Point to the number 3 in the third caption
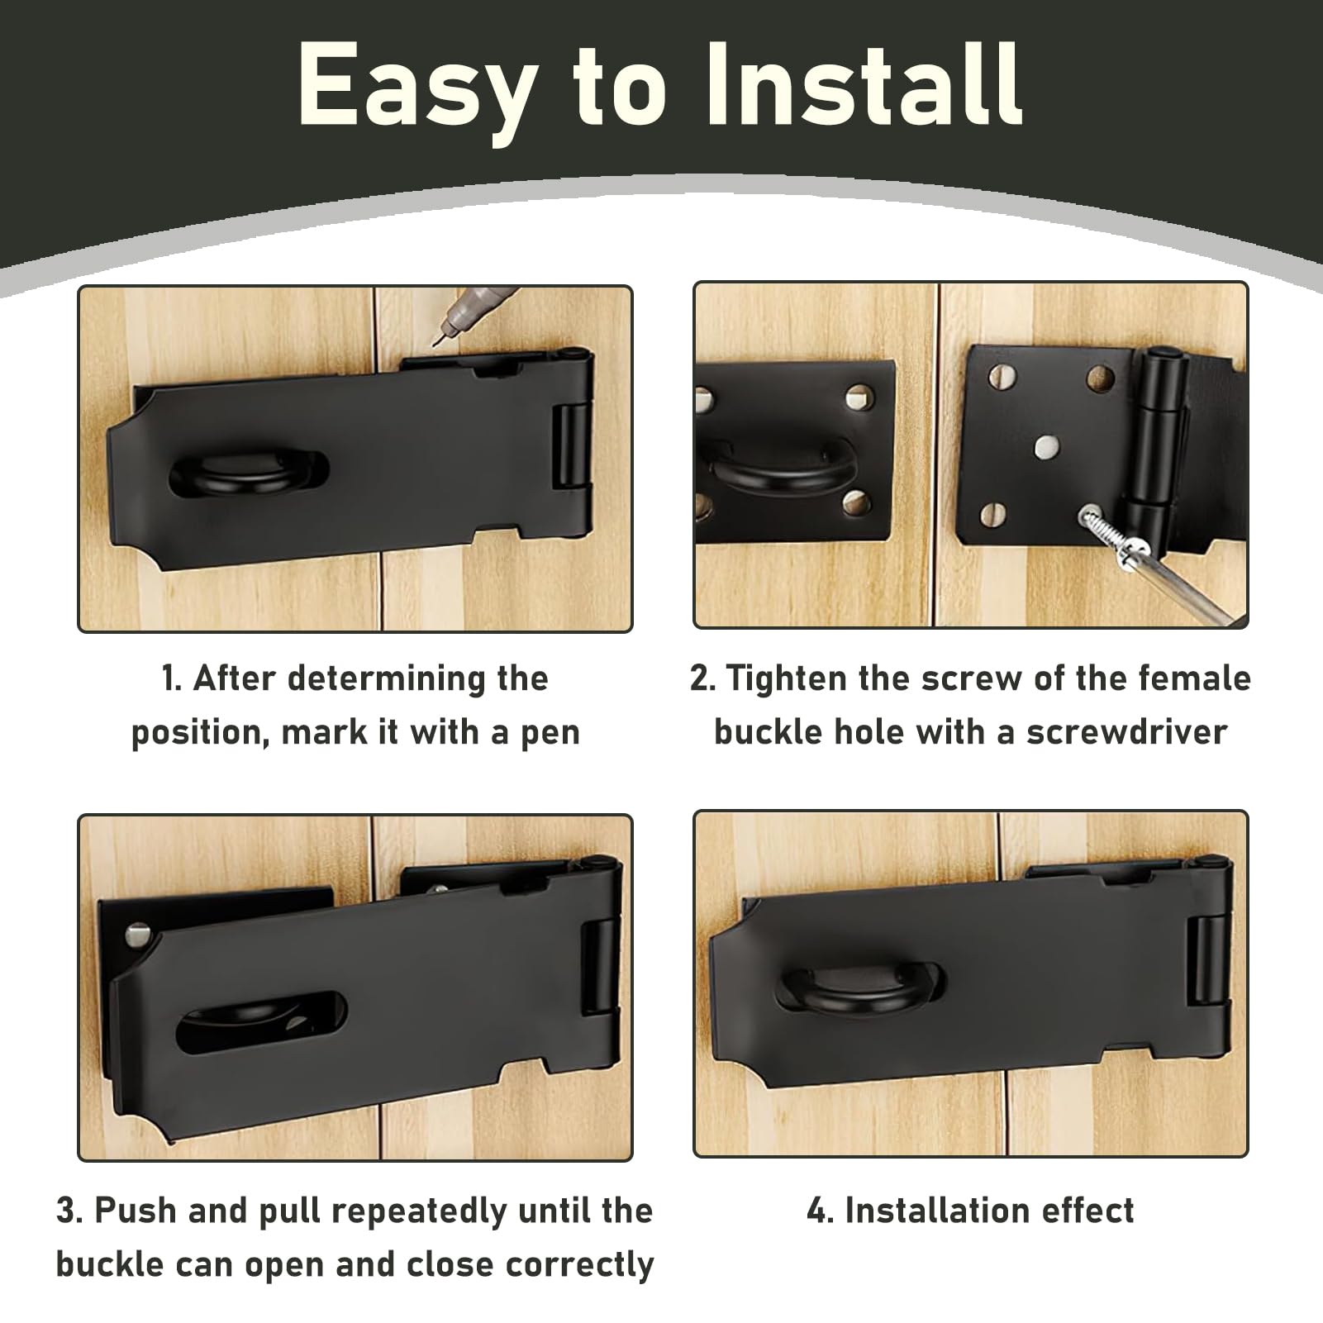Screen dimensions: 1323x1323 point(66,1211)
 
